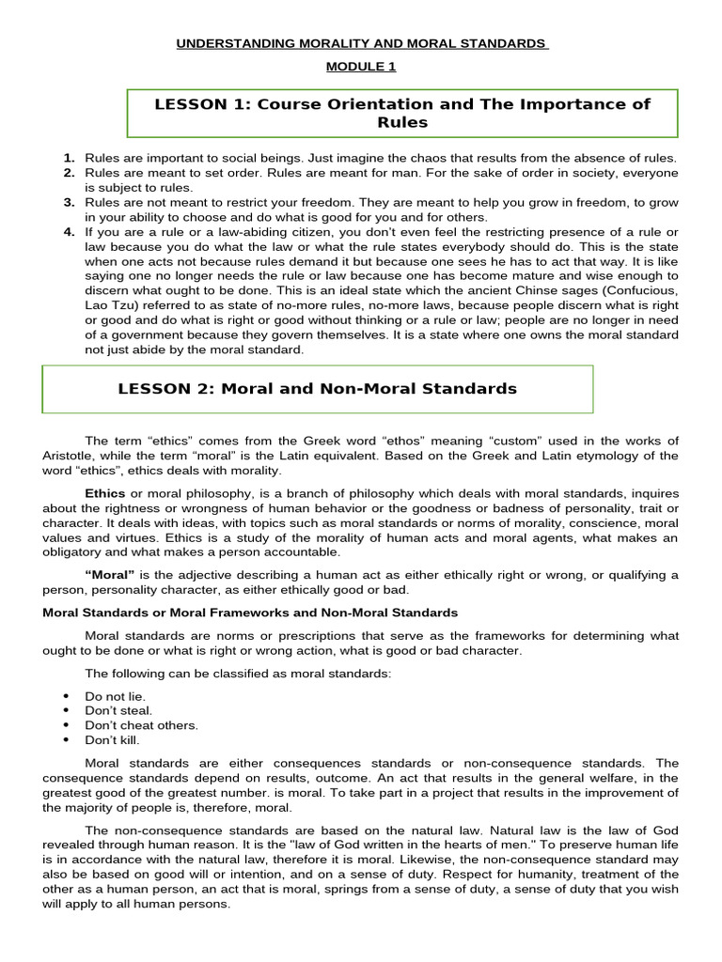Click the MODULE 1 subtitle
(361, 66)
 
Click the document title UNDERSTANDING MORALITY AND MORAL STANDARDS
(361, 44)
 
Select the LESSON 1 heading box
(402, 113)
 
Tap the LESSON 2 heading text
(318, 389)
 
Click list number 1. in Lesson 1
(69, 159)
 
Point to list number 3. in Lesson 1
(69, 202)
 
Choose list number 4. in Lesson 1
(69, 232)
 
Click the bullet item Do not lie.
(115, 696)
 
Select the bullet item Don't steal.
(118, 711)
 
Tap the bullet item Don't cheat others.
(141, 725)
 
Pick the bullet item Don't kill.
(112, 740)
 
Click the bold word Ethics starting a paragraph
(105, 493)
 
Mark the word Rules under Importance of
(402, 123)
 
